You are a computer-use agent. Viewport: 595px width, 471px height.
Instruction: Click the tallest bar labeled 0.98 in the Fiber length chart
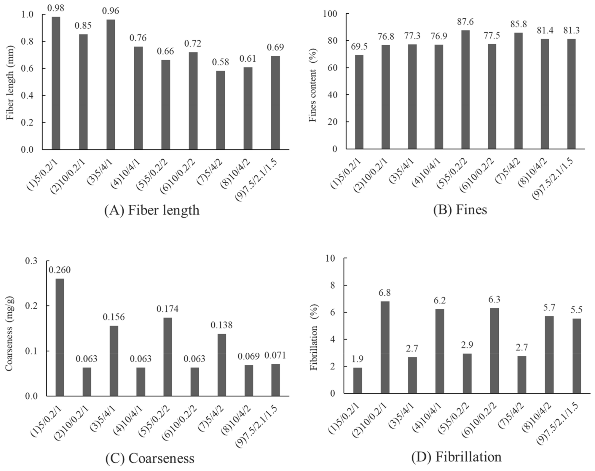pyautogui.click(x=56, y=83)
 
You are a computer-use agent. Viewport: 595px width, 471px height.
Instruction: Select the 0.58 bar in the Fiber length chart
pyautogui.click(x=220, y=110)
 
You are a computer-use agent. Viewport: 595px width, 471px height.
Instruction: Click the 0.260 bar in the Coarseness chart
pyautogui.click(x=60, y=337)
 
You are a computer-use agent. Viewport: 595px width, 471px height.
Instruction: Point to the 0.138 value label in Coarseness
pyautogui.click(x=221, y=325)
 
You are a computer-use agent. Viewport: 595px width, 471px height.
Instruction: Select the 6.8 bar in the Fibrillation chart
pyautogui.click(x=385, y=347)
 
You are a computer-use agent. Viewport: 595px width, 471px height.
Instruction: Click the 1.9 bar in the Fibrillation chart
pyautogui.click(x=358, y=381)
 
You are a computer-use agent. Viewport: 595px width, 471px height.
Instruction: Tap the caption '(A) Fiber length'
pyautogui.click(x=152, y=210)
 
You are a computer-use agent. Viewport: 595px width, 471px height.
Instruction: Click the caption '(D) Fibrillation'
pyautogui.click(x=456, y=457)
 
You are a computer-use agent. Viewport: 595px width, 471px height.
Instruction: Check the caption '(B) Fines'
pyautogui.click(x=460, y=210)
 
